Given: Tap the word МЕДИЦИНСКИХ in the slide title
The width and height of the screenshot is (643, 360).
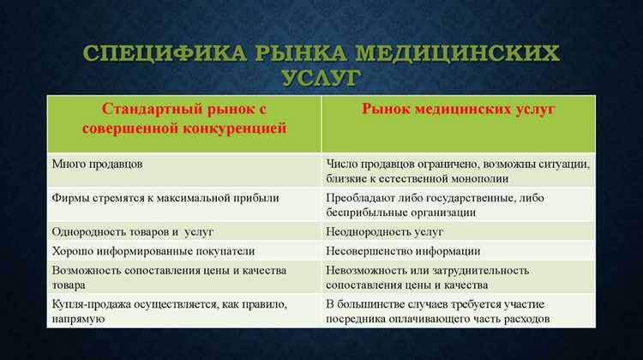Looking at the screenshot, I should pyautogui.click(x=458, y=53).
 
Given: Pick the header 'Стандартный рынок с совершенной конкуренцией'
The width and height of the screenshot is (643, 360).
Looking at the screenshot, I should pyautogui.click(x=183, y=119).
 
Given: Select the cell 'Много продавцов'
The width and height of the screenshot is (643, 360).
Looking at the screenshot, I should pyautogui.click(x=93, y=163).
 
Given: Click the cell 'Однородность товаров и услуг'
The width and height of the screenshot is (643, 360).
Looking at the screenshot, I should pyautogui.click(x=132, y=231).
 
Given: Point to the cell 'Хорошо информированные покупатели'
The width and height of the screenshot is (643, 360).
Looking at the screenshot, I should pyautogui.click(x=153, y=251).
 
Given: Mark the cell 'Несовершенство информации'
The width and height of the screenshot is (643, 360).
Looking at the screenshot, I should pyautogui.click(x=403, y=251).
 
